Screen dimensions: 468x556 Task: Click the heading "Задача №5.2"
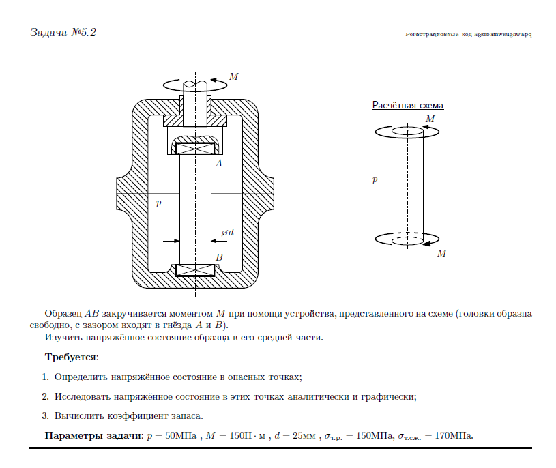point(63,32)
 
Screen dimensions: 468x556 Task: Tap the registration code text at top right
point(468,33)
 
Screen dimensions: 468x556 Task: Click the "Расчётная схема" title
point(407,106)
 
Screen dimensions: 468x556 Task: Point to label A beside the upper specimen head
point(218,164)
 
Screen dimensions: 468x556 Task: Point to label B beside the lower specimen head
point(219,257)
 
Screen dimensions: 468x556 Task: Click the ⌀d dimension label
point(227,233)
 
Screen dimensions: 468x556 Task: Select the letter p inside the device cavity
point(158,203)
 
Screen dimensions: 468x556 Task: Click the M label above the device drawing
point(233,76)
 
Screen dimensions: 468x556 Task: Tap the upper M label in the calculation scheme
point(430,119)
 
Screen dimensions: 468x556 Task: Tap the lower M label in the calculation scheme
point(441,253)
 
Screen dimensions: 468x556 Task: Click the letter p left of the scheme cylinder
point(375,181)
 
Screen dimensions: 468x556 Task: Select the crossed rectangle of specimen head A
point(195,147)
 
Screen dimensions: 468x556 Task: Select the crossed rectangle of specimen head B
point(195,269)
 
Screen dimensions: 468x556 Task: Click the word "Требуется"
point(71,357)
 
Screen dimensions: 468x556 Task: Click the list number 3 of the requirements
point(45,415)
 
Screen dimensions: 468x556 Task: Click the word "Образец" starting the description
point(63,314)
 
